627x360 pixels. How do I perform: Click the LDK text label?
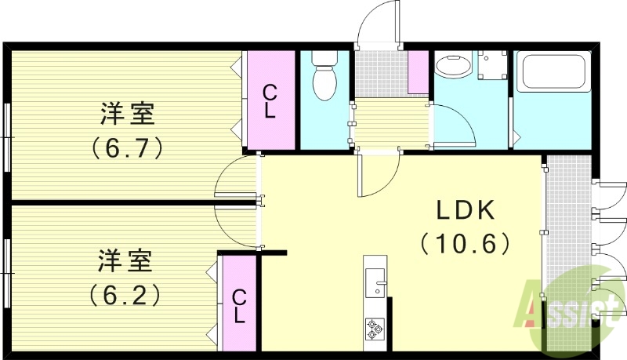465,210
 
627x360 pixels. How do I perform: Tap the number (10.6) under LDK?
466,244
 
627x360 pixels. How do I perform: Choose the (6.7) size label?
127,147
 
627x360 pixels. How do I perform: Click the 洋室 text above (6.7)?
127,114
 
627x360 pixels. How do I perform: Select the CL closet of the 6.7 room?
270,100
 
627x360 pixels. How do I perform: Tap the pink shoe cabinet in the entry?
419,72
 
